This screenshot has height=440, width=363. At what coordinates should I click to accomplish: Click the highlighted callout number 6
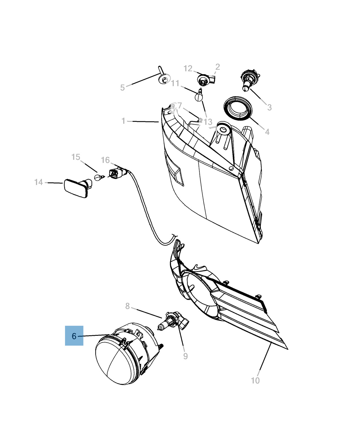click(x=74, y=336)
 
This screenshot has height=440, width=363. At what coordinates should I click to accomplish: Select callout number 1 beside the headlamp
click(x=123, y=121)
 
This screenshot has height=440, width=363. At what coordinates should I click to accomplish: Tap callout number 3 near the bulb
click(x=269, y=107)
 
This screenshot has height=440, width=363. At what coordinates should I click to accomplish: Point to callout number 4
click(x=267, y=132)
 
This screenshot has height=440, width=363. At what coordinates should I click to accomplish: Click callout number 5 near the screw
click(x=123, y=87)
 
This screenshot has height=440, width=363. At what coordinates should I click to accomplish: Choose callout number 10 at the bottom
click(x=255, y=380)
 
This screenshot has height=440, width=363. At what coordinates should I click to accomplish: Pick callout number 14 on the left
click(x=39, y=182)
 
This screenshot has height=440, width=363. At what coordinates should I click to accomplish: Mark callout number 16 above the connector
click(x=105, y=160)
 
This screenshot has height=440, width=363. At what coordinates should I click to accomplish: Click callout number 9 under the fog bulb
click(x=185, y=356)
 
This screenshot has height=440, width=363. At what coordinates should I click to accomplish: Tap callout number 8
click(x=127, y=306)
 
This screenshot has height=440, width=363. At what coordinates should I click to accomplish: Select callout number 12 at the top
click(x=188, y=68)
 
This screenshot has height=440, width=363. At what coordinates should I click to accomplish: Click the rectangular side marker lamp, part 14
click(x=76, y=188)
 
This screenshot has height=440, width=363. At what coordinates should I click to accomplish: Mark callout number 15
click(x=76, y=157)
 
